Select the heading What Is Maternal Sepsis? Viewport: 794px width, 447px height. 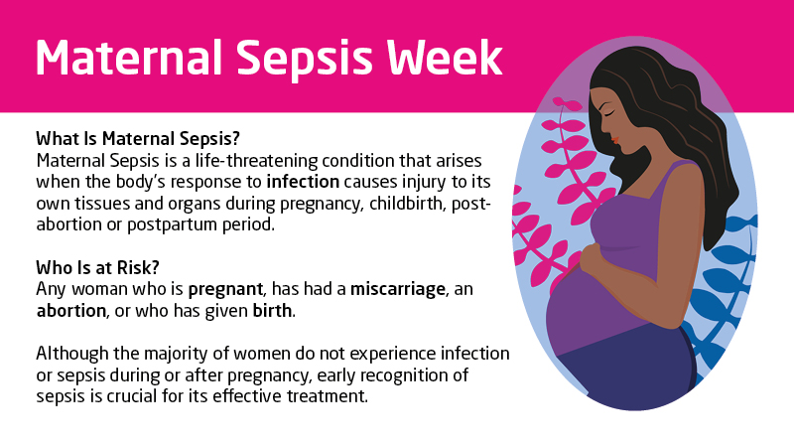pyautogui.click(x=138, y=138)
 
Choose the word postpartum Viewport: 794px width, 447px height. pyautogui.click(x=194, y=223)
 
